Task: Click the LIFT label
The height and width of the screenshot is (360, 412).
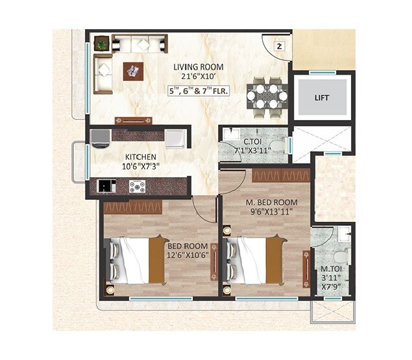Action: point(322,98)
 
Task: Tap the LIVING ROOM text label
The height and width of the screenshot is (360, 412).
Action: point(198,67)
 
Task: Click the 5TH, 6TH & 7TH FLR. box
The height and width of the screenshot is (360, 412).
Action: point(198,91)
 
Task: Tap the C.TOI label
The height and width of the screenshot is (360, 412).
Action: point(252,141)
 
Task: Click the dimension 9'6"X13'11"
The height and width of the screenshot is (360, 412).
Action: point(272,211)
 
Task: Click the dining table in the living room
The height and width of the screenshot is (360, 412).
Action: point(266,96)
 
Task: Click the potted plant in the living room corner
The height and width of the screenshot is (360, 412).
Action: point(102,44)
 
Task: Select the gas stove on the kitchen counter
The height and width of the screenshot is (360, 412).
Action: point(137,186)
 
